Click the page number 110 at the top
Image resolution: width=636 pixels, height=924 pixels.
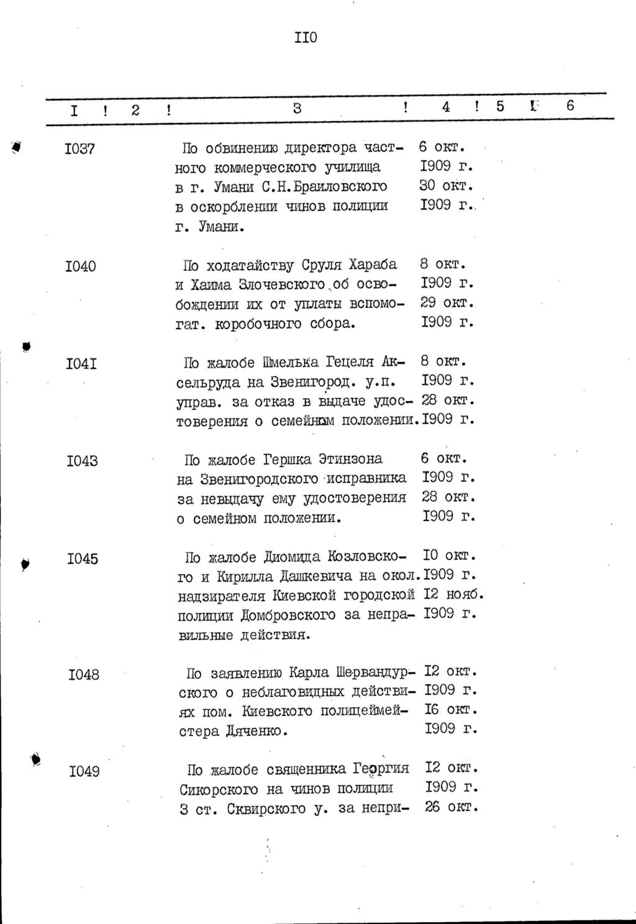[x=306, y=38]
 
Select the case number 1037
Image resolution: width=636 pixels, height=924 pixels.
[x=79, y=149]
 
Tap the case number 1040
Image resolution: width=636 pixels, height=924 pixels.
[x=80, y=266]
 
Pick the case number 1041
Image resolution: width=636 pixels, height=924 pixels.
[x=81, y=363]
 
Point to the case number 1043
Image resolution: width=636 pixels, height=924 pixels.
[x=82, y=461]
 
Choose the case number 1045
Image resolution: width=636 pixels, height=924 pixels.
[x=83, y=558]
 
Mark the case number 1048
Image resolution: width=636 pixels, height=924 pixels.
[x=84, y=674]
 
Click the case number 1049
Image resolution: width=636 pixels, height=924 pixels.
[x=84, y=772]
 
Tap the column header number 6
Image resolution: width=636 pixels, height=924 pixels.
[x=570, y=106]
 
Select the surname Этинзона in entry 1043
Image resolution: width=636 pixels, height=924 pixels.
[x=350, y=459]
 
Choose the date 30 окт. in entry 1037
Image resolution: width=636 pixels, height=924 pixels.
[x=447, y=186]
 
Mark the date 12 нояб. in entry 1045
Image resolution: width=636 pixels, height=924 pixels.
[x=453, y=594]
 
